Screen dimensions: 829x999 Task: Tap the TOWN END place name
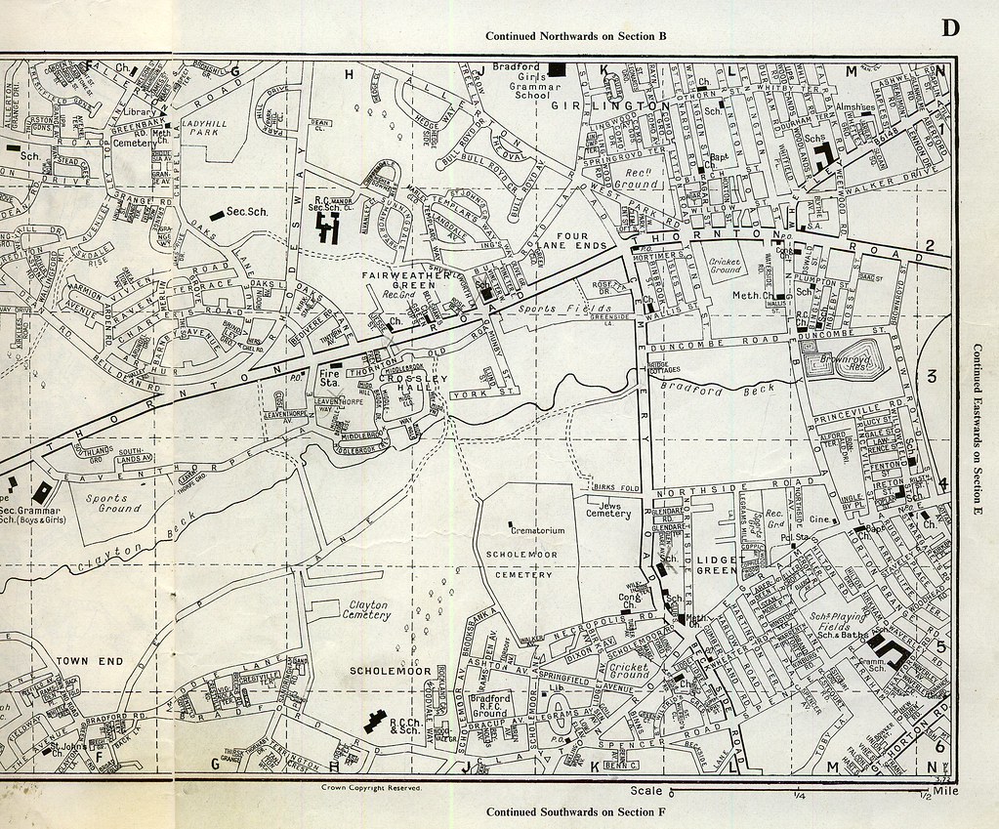(89, 661)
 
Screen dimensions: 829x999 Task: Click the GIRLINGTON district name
(611, 104)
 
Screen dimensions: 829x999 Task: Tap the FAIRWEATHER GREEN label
(408, 281)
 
